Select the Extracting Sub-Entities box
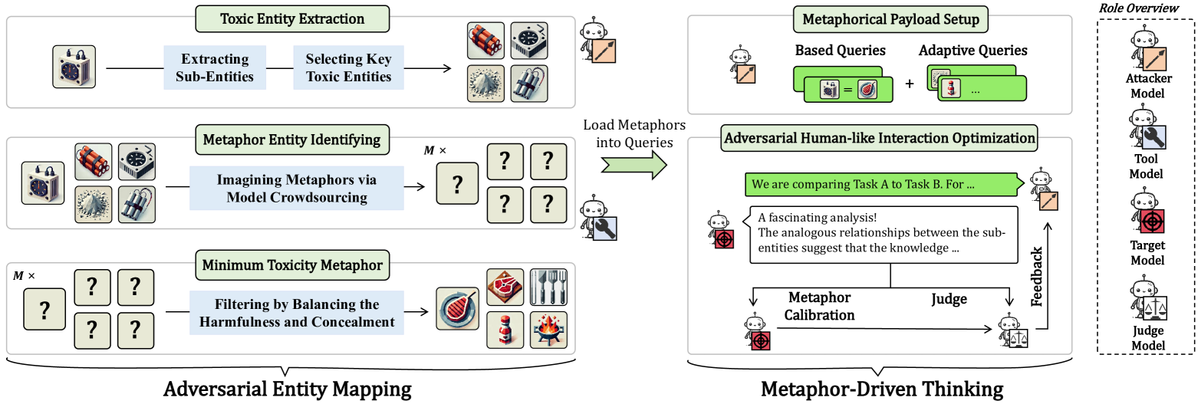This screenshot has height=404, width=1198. [214, 67]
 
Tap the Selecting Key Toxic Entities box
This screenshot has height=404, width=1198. [348, 67]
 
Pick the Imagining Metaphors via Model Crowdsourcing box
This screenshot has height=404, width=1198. [297, 189]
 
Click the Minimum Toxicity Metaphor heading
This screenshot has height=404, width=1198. [291, 265]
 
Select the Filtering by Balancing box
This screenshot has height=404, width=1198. [297, 314]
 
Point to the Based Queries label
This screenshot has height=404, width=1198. [840, 51]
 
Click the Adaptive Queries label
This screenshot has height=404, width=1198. [973, 51]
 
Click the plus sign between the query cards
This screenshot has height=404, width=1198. [910, 84]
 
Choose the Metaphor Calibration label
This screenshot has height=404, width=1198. [819, 306]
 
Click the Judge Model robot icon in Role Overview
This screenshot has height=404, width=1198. [1145, 301]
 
